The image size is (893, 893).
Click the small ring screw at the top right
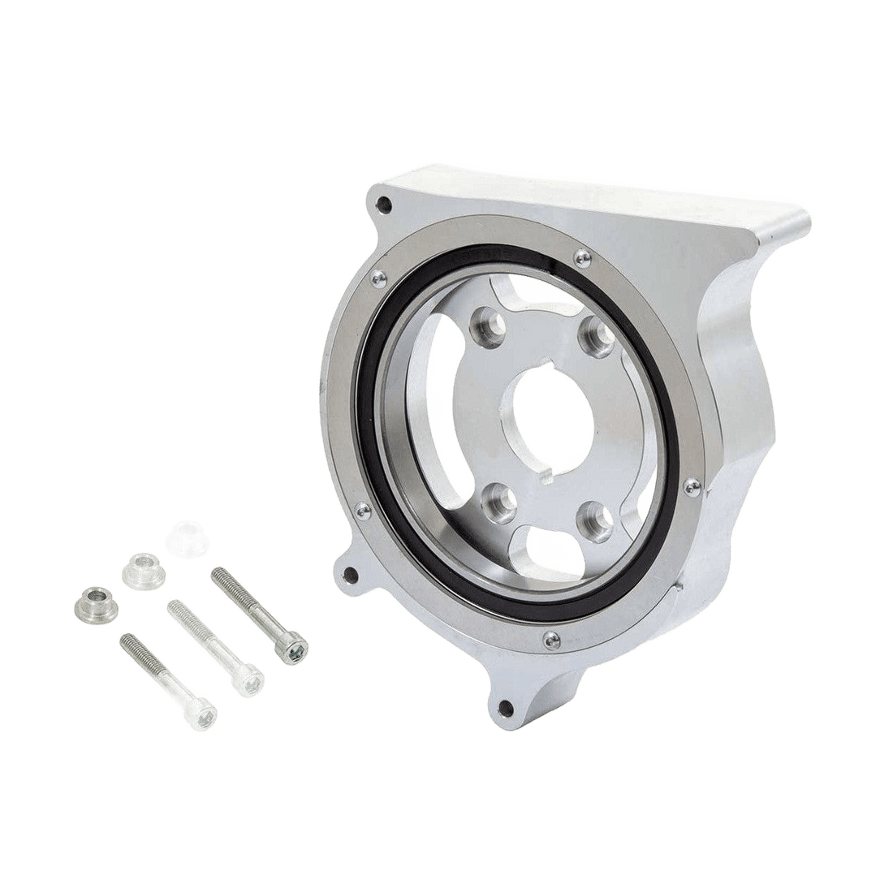(577, 259)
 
